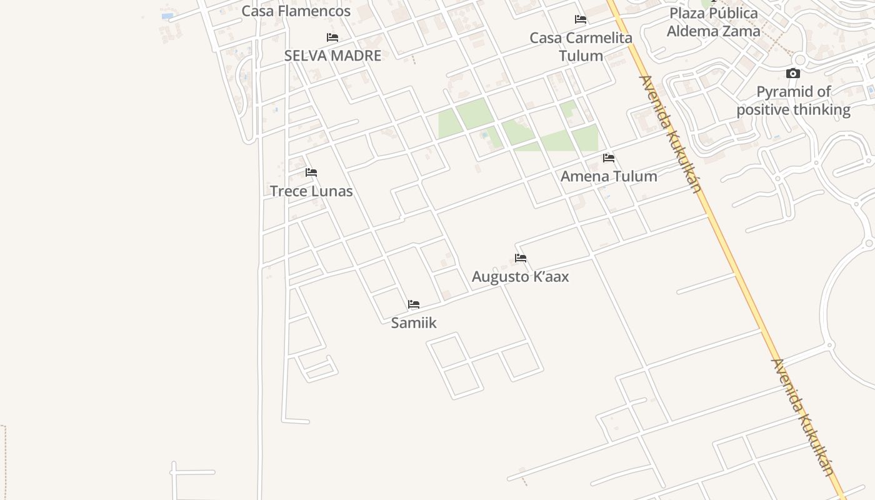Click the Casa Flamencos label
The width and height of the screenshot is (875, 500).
296,11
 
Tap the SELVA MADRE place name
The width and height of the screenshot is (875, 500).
332,56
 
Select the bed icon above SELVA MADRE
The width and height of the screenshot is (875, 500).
332,37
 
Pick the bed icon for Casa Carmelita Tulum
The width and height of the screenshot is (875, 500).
581,19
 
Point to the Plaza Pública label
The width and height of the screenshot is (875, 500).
713,13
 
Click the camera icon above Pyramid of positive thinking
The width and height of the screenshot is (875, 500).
793,74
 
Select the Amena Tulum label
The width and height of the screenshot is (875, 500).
609,176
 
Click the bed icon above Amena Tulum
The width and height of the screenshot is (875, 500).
609,158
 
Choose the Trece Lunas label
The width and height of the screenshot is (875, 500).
311,191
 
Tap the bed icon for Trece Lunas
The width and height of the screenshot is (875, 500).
311,172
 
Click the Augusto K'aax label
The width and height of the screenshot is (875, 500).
520,276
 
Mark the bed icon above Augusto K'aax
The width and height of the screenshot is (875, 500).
521,258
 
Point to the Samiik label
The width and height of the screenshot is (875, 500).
414,322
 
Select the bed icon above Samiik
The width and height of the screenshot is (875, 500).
414,304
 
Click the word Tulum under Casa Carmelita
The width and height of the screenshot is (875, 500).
581,56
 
